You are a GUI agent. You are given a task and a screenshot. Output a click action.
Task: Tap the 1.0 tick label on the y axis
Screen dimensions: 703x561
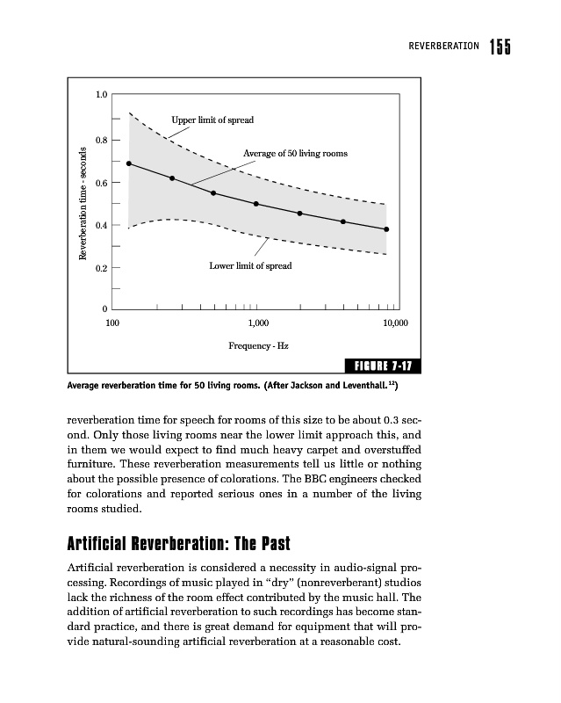(x=102, y=94)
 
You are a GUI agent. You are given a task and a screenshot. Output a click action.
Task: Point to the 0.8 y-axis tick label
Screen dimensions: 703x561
(x=102, y=140)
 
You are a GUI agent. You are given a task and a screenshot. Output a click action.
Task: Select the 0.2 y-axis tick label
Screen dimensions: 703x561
(x=102, y=267)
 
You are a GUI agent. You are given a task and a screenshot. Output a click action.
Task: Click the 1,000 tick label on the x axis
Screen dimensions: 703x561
(x=256, y=324)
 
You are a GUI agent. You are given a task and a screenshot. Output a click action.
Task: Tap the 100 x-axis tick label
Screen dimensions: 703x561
(x=112, y=324)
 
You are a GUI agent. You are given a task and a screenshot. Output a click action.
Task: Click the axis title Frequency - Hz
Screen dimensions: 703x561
(x=258, y=346)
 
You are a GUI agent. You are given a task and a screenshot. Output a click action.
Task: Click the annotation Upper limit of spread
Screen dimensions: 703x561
(x=212, y=120)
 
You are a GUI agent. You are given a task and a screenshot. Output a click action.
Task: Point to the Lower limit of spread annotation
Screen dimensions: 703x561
(x=250, y=265)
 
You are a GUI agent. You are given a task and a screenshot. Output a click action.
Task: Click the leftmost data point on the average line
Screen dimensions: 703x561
(x=129, y=163)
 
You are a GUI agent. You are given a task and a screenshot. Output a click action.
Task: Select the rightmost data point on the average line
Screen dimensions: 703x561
(x=386, y=229)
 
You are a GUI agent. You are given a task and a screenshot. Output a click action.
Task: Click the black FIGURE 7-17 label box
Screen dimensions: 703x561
(x=382, y=366)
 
